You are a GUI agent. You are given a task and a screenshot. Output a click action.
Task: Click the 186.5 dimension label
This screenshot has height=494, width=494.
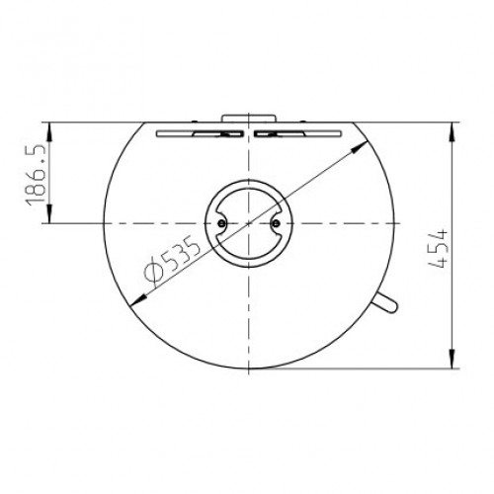[35, 174]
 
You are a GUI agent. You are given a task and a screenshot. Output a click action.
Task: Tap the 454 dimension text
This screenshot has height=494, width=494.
[439, 249]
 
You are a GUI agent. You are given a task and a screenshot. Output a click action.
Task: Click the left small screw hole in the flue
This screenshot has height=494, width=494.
[221, 223]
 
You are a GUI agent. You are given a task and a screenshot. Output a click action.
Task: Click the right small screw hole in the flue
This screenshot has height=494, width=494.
[276, 223]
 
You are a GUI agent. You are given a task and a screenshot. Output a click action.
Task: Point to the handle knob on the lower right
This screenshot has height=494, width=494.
[385, 302]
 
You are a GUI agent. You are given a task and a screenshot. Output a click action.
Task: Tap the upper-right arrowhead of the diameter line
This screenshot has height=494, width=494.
[360, 146]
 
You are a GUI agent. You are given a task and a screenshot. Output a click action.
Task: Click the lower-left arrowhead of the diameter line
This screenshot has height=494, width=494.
[138, 300]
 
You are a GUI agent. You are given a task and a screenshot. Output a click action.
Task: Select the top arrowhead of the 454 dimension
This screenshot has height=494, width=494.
[453, 131]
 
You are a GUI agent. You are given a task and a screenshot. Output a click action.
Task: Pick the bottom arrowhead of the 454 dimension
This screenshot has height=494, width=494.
[453, 359]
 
